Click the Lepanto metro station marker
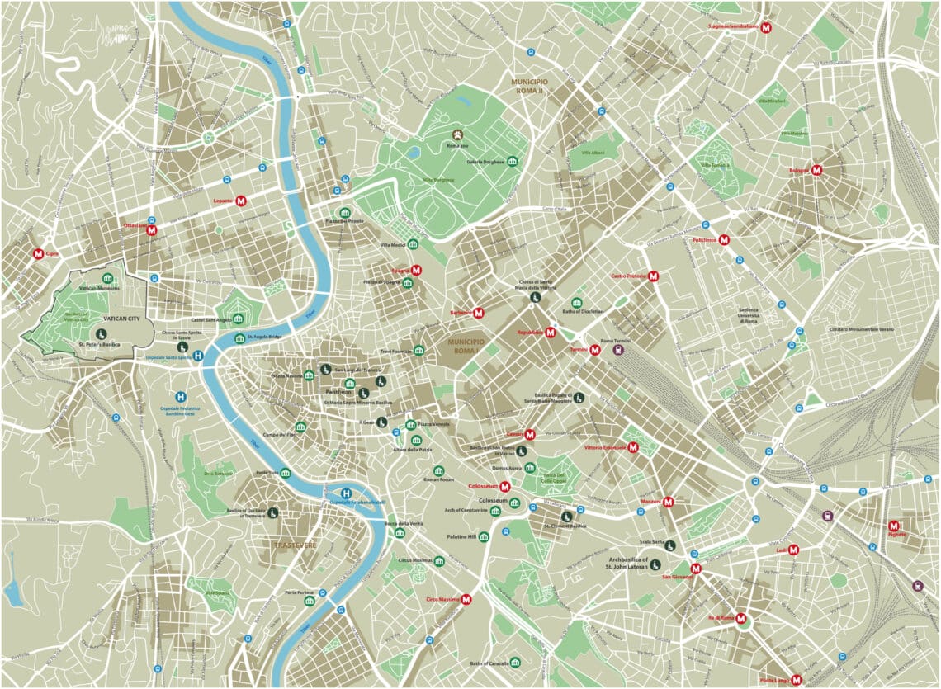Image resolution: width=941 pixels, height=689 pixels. point(242,201)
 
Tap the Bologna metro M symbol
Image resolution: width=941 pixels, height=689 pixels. point(817,170)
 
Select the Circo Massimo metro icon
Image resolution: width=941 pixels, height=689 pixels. point(466,601)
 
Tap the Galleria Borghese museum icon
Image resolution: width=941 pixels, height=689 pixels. point(513,162)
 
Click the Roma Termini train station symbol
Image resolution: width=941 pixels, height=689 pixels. point(618,349)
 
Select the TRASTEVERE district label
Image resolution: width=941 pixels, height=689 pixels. point(295,545)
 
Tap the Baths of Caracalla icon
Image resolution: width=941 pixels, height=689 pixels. point(515,663)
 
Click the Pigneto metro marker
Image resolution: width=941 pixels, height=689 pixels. point(893,525)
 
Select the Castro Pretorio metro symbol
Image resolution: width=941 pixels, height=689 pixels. point(653,276)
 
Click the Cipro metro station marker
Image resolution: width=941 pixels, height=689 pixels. point(38,254)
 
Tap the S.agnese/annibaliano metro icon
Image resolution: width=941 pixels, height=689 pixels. point(766,27)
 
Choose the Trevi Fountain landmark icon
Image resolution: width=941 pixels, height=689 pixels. point(419,351)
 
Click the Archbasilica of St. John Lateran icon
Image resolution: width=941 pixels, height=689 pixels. point(651,565)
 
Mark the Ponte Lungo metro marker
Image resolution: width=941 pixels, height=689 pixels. point(796,680)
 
